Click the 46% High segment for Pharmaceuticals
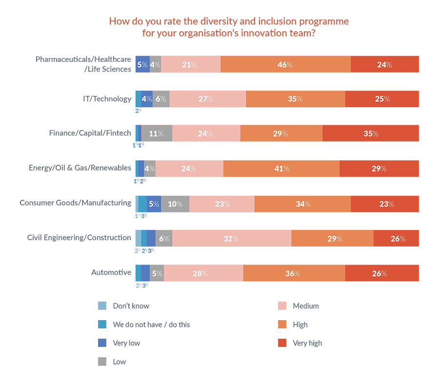point(285,64)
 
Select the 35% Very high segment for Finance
point(371,134)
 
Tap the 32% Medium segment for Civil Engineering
point(232,239)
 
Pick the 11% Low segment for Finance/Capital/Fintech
point(157,134)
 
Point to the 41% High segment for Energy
point(281,169)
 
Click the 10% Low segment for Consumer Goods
point(175,204)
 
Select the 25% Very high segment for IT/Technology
point(382,99)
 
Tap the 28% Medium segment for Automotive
point(203,273)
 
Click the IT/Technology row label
point(107,99)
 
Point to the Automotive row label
point(111,272)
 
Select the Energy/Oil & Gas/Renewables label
point(80,168)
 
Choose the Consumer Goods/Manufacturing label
point(75,203)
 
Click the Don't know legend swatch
point(102,306)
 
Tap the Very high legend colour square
point(281,343)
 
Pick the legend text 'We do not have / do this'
point(151,325)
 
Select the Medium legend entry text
point(306,306)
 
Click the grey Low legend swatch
point(102,362)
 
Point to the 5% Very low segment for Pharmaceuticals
point(142,64)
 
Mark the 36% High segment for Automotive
point(294,273)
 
